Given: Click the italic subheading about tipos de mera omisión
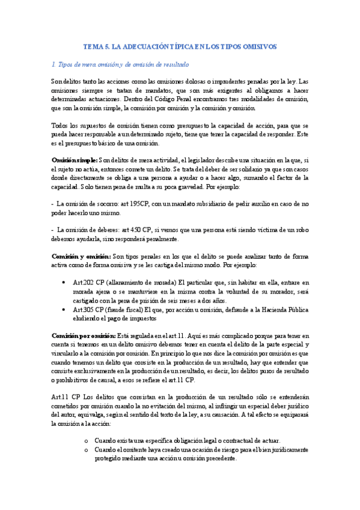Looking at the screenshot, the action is click(x=120, y=64).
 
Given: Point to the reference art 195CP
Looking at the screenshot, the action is click(x=139, y=203).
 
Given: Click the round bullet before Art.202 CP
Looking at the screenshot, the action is click(x=64, y=282).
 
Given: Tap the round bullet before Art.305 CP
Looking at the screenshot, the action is click(x=64, y=309).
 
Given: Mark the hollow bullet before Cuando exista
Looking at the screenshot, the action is click(x=87, y=441).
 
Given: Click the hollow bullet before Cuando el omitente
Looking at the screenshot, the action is click(x=87, y=450).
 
